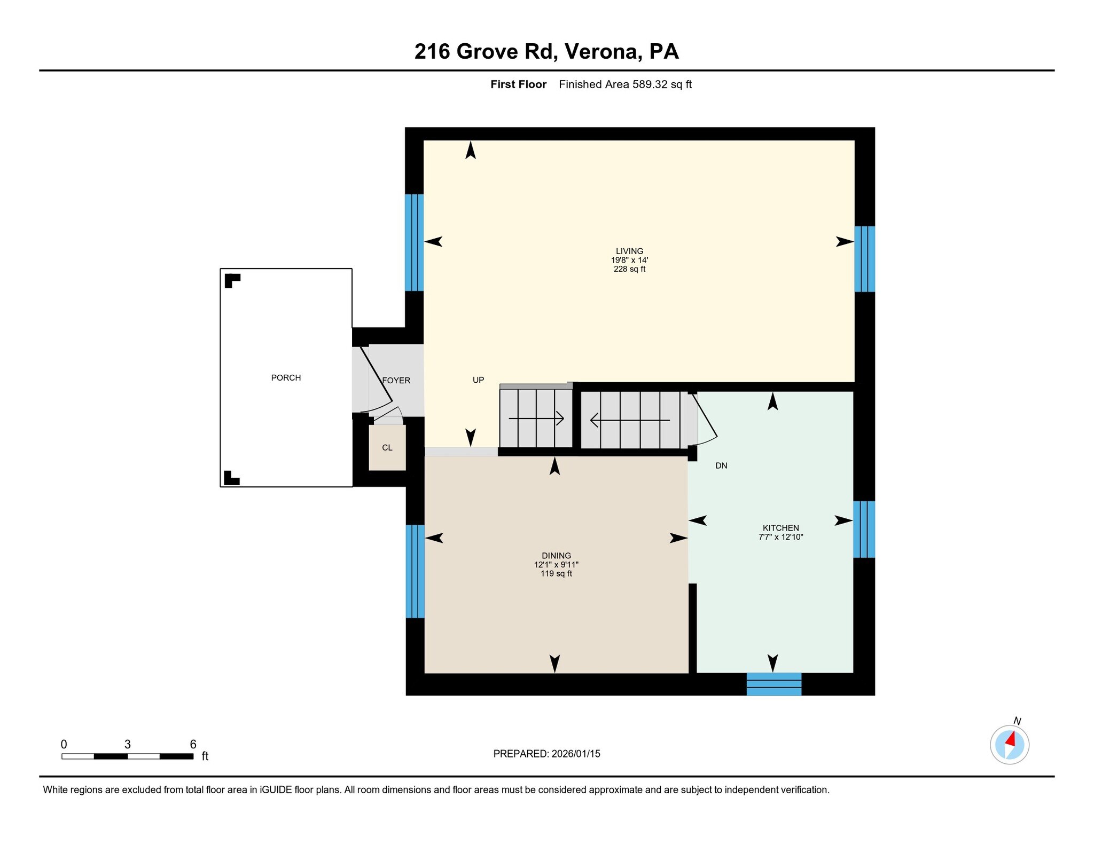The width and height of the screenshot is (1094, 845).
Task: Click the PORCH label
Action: pyautogui.click(x=286, y=378)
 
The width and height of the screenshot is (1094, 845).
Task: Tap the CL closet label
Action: pyautogui.click(x=387, y=448)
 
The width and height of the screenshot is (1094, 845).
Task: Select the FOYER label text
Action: pyautogui.click(x=396, y=381)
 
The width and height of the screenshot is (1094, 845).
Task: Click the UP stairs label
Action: pyautogui.click(x=478, y=380)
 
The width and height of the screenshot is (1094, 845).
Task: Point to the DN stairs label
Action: pyautogui.click(x=721, y=465)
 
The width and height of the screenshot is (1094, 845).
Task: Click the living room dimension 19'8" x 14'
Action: pyautogui.click(x=629, y=260)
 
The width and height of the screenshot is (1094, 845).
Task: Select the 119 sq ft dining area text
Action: pyautogui.click(x=556, y=574)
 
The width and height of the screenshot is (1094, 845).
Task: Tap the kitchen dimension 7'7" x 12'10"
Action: pyautogui.click(x=780, y=537)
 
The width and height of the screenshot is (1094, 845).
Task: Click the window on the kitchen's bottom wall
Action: pyautogui.click(x=773, y=684)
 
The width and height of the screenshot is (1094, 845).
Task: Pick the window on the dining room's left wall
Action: pyautogui.click(x=415, y=571)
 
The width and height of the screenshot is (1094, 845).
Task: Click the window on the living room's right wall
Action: pyautogui.click(x=864, y=259)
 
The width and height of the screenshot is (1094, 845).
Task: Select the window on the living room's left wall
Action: pyautogui.click(x=414, y=242)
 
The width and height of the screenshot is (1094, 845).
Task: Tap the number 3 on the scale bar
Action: pyautogui.click(x=127, y=744)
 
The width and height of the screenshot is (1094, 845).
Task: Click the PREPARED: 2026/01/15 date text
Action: pyautogui.click(x=546, y=754)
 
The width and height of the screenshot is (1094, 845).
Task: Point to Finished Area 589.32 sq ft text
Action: pyautogui.click(x=625, y=84)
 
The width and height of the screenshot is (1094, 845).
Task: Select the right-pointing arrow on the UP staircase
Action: pyautogui.click(x=536, y=418)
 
